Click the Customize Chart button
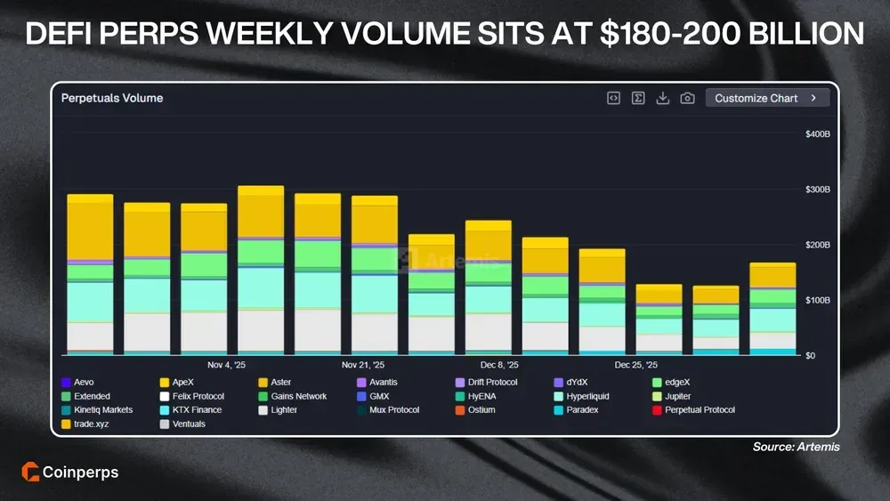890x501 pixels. coord(766,98)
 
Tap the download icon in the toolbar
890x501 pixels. coord(662,98)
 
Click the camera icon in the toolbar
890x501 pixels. coord(687,98)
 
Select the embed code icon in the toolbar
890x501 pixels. coord(613,98)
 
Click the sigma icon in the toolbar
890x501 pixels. coord(638,98)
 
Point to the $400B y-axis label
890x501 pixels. coord(817,134)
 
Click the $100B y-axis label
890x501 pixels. coord(817,300)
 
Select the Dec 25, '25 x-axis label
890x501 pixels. coord(635,365)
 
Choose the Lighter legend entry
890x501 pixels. coord(278,410)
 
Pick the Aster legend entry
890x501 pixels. coord(274,383)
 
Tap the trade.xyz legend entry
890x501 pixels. coord(88,424)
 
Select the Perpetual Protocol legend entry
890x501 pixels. coord(693,410)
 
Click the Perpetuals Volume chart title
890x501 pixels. coord(112,98)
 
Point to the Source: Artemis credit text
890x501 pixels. coord(796,447)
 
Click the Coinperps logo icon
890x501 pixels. coord(28,473)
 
